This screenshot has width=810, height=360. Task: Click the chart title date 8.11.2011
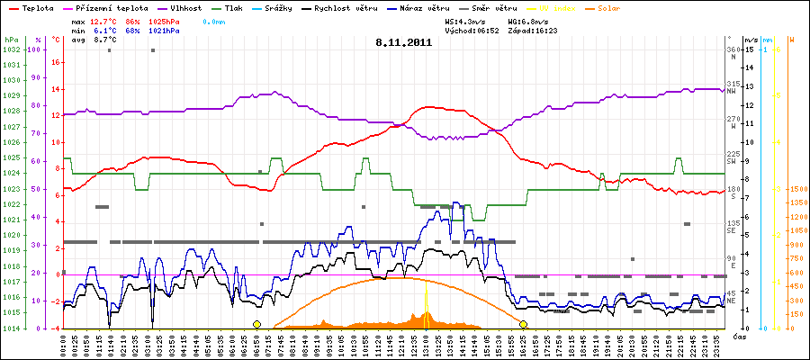tap(404, 42)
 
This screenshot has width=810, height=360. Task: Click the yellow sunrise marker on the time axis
tap(257, 324)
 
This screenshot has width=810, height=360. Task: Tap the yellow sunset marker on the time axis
tap(523, 324)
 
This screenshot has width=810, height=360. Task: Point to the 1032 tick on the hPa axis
tap(11, 49)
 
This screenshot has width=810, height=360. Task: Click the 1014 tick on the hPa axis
tap(11, 328)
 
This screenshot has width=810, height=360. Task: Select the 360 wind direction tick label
tap(734, 49)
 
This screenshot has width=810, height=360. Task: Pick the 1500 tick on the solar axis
tap(797, 190)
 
